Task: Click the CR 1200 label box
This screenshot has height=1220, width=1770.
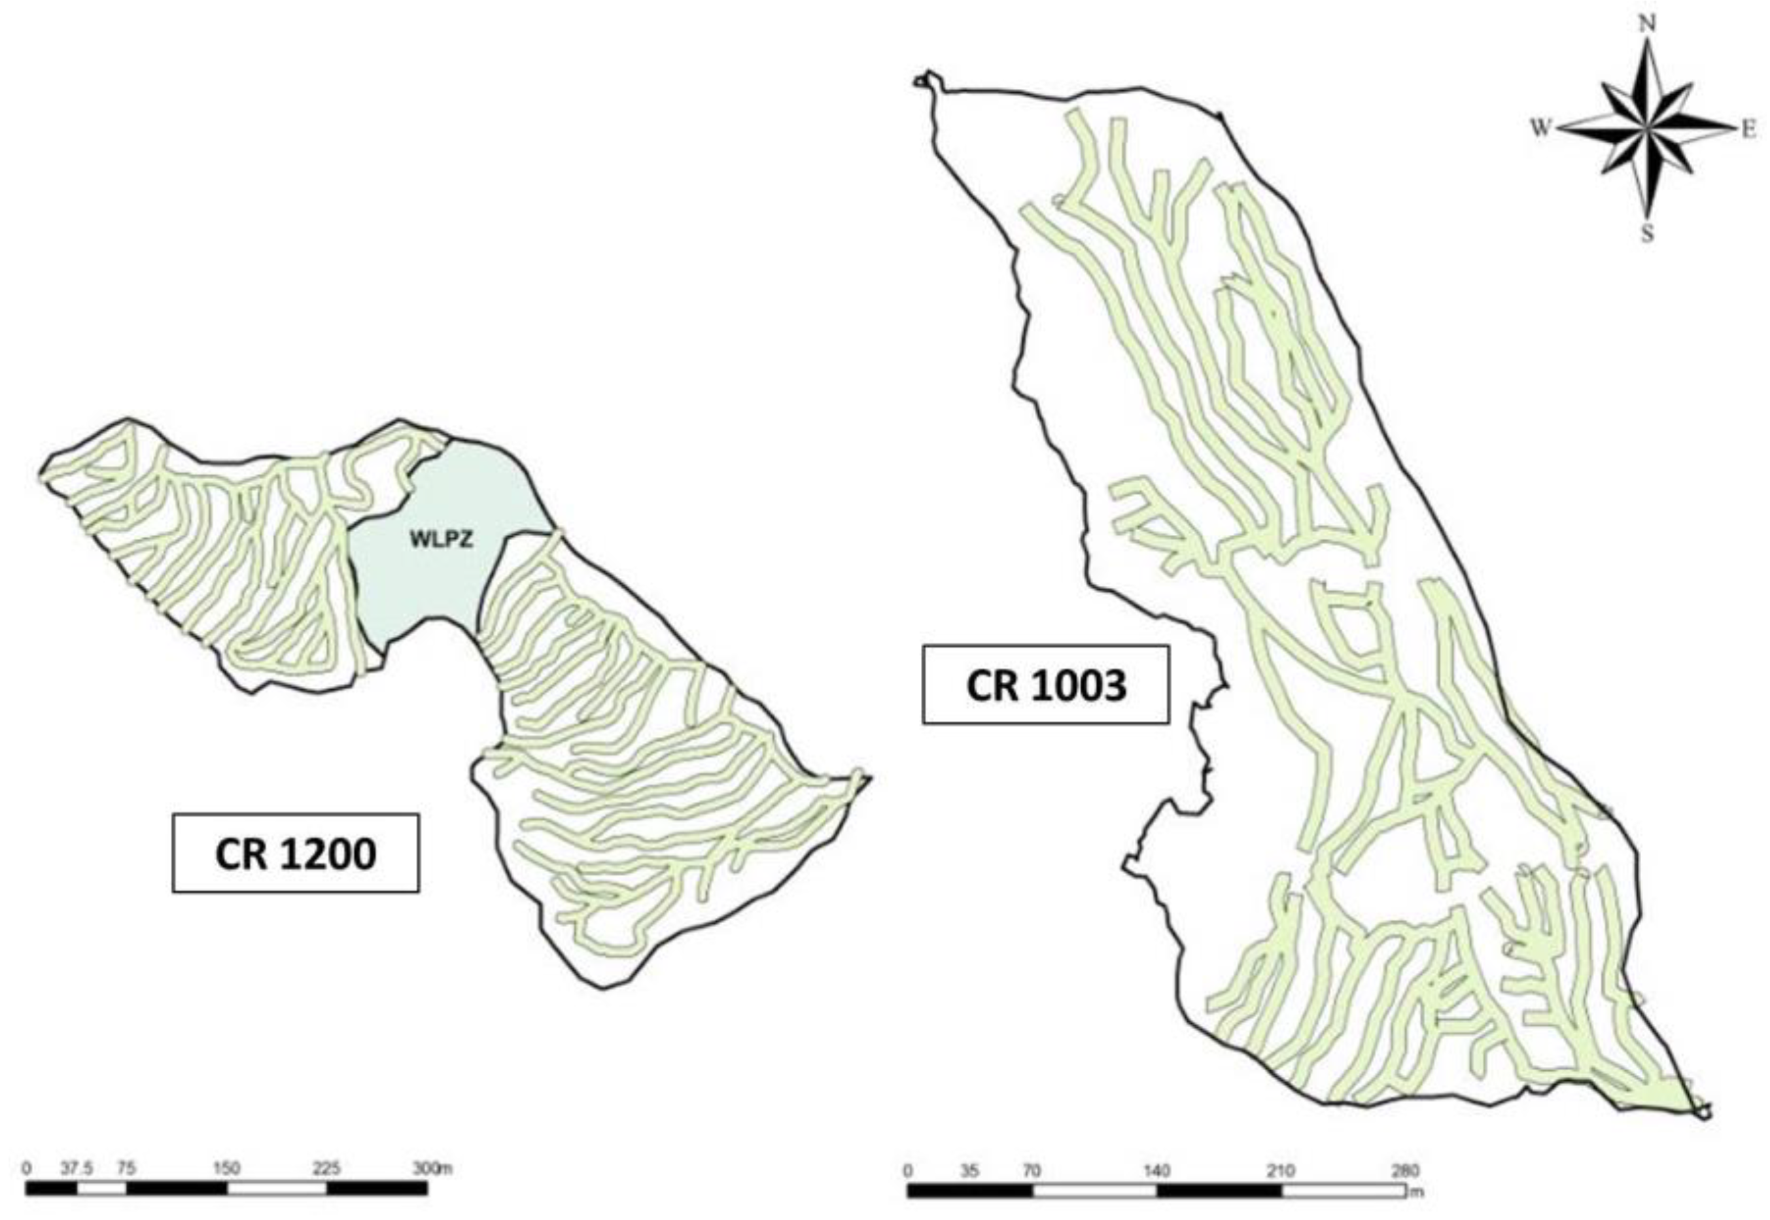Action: click(x=295, y=853)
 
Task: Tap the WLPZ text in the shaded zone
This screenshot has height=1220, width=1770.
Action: click(x=441, y=539)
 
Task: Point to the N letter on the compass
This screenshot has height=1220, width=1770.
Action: click(x=1648, y=24)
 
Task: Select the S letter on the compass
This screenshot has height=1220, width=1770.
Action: click(x=1647, y=233)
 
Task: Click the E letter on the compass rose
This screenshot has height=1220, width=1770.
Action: click(x=1748, y=131)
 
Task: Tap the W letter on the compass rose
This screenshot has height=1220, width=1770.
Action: click(x=1540, y=128)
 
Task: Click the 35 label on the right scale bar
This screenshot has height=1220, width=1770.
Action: click(x=969, y=1170)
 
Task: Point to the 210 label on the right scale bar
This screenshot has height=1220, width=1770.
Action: click(x=1281, y=1170)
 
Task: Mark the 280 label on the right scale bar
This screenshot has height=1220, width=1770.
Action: click(x=1405, y=1170)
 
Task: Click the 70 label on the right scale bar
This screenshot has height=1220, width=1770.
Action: click(x=1032, y=1170)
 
